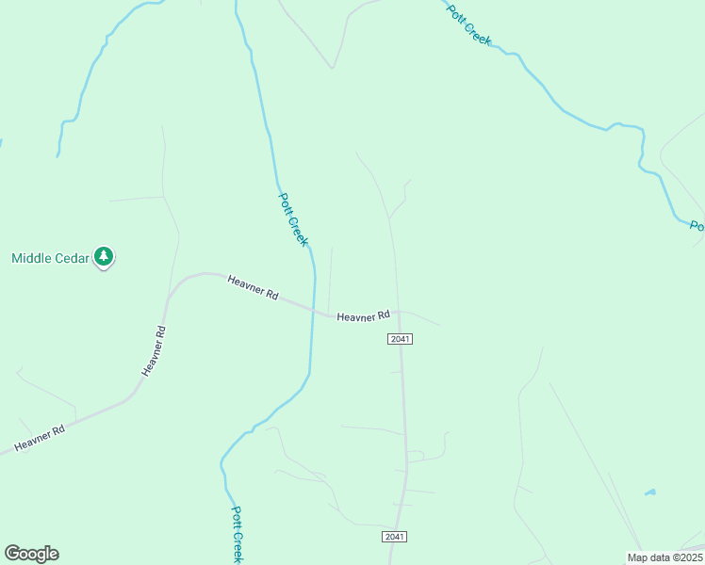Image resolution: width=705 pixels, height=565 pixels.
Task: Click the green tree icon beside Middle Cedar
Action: [104, 256]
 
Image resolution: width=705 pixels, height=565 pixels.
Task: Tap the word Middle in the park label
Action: [35, 258]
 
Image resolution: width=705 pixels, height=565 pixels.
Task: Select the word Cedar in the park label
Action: [75, 258]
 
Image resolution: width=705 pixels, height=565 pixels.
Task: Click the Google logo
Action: [31, 554]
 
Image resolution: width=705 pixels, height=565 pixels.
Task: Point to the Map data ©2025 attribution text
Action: [664, 557]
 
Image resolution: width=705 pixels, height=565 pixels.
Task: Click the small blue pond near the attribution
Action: [649, 492]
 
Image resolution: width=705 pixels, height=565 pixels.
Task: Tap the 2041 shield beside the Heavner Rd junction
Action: [400, 339]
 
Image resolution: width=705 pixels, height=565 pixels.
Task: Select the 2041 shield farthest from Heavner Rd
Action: [395, 537]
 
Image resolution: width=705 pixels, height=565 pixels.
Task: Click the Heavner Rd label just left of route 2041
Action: [363, 316]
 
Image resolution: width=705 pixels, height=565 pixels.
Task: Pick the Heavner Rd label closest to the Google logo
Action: [39, 438]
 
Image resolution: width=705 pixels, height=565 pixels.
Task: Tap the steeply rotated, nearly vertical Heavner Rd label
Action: [155, 351]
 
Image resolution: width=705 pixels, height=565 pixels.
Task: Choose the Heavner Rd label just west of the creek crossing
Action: [253, 287]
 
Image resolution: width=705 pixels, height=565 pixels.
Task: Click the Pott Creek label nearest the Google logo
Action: [238, 534]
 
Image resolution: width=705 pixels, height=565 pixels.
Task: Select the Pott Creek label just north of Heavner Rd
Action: [293, 219]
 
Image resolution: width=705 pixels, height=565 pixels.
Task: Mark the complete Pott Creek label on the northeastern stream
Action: [469, 26]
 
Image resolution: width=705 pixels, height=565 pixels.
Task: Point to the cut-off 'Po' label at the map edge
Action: [697, 227]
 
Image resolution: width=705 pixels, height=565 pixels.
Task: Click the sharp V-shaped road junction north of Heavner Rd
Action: [332, 68]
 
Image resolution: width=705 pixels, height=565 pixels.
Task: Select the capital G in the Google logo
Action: [12, 554]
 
